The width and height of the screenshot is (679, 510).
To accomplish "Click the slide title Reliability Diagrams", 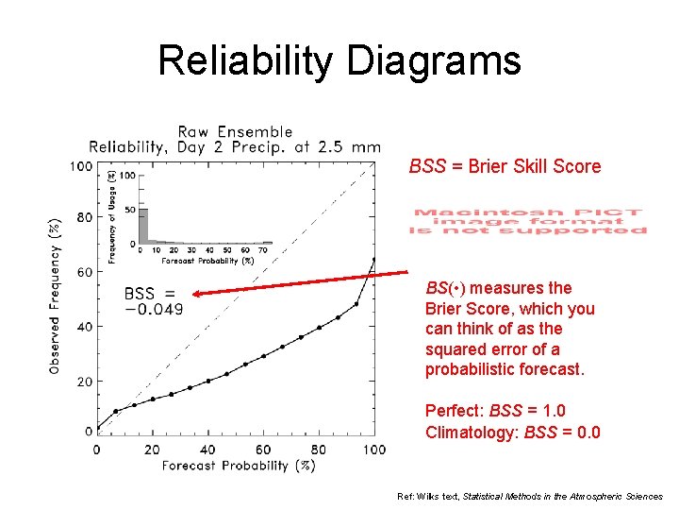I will [339, 60].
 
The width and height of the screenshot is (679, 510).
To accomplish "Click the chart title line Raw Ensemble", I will [235, 132].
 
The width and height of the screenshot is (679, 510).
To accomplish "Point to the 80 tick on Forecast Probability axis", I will [319, 450].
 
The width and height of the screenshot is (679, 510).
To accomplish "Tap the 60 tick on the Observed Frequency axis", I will [83, 272].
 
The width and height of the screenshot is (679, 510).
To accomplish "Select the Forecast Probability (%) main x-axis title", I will [238, 466].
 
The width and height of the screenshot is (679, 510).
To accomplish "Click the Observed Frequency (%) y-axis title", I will [57, 296].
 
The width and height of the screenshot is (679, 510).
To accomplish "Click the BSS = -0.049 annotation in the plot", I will [153, 301].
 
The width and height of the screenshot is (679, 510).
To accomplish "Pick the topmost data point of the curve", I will [374, 259].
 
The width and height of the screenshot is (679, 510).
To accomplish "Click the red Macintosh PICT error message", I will [529, 221].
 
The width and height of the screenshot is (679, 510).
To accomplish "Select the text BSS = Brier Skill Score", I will [505, 167].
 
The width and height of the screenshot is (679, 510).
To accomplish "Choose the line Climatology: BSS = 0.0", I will [512, 433].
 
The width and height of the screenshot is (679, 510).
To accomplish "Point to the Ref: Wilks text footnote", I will [530, 496].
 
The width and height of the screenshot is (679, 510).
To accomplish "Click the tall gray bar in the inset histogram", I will [143, 225].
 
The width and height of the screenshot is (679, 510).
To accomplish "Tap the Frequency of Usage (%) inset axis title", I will [112, 216].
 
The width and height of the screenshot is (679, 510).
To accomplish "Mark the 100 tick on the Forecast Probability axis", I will [374, 450].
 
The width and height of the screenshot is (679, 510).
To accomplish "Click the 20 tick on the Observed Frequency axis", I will [83, 382].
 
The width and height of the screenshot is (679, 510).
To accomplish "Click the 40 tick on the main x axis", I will [207, 450].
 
